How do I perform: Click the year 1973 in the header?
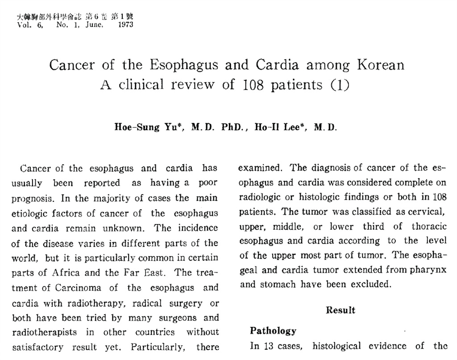pyautogui.click(x=125, y=25)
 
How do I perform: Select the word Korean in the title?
pyautogui.click(x=381, y=65)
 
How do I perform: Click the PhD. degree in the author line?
pyautogui.click(x=229, y=128)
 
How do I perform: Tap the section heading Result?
pyautogui.click(x=341, y=310)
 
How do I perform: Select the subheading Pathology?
pyautogui.click(x=273, y=331)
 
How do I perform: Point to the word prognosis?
pyautogui.click(x=26, y=198)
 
